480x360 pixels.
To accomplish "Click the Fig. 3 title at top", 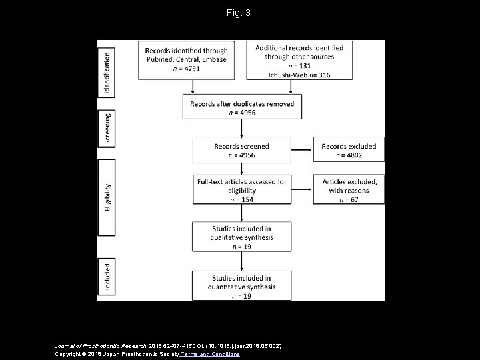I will pyautogui.click(x=239, y=13).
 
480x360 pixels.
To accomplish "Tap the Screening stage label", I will pyautogui.click(x=107, y=129).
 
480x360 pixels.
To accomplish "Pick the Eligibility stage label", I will pyautogui.click(x=107, y=198).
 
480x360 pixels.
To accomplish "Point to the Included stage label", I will pyautogui.click(x=107, y=275).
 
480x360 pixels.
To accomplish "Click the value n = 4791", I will pyautogui.click(x=187, y=68).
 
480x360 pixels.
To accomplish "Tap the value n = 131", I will pyautogui.click(x=299, y=66).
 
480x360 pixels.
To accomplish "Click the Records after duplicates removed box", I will pyautogui.click(x=241, y=108).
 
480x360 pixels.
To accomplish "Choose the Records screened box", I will pyautogui.click(x=241, y=150).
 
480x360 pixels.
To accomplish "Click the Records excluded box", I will pyautogui.click(x=349, y=150).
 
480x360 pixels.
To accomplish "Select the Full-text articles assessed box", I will pyautogui.click(x=241, y=189).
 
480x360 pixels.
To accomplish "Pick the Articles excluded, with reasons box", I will pyautogui.click(x=349, y=189).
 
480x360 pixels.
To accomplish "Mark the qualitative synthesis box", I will pyautogui.click(x=241, y=236).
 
